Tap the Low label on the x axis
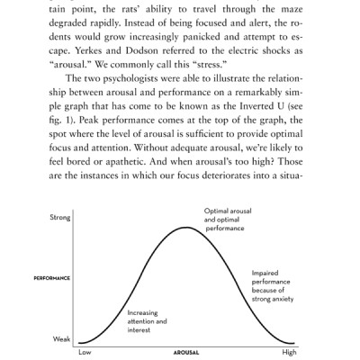pyautogui.click(x=85, y=353)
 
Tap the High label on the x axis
pyautogui.click(x=289, y=353)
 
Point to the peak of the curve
pyautogui.click(x=186, y=228)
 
